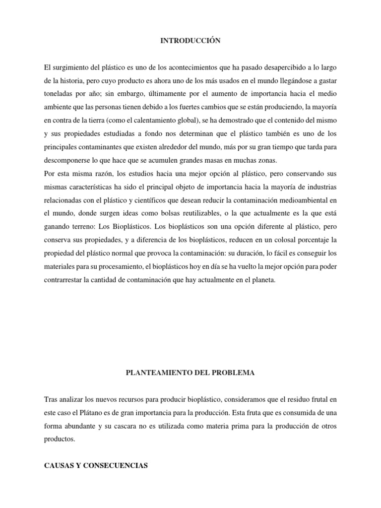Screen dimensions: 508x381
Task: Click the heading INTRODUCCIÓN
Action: [190, 41]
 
